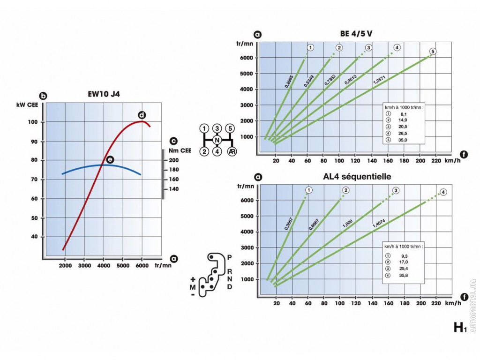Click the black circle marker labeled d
point(141,115)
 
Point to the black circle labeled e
point(110,160)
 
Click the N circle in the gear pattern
point(217,140)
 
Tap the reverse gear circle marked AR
point(231,151)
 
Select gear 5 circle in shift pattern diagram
point(230,128)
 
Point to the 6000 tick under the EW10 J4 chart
point(142,266)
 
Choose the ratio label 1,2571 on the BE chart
point(379,80)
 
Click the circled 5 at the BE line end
point(433,51)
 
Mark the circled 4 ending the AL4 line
point(443,192)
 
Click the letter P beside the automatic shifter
point(229,257)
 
